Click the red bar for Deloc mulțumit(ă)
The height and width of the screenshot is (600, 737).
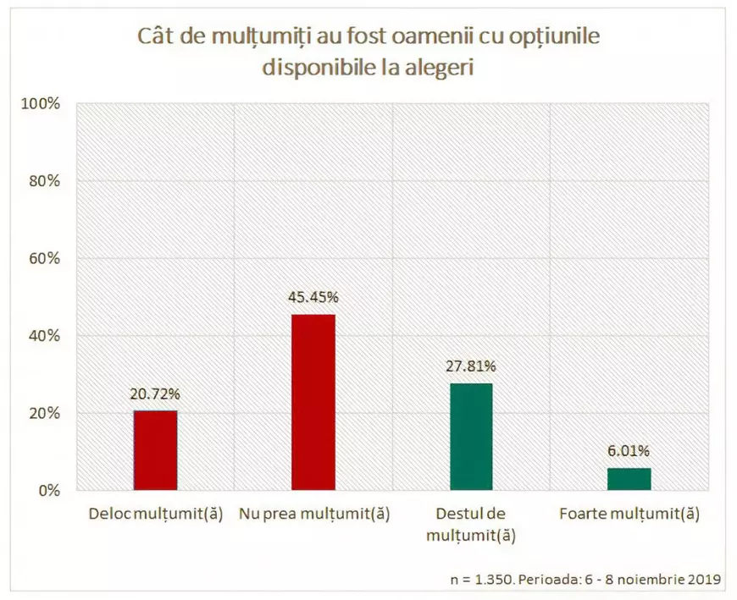(x=155, y=450)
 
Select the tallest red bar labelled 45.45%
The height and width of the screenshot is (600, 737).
(x=313, y=402)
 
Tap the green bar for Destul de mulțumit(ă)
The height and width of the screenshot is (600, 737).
(x=471, y=437)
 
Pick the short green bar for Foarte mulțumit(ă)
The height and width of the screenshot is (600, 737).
(x=629, y=479)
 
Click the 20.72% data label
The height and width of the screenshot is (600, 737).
(x=155, y=394)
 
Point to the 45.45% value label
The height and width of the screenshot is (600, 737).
(x=313, y=297)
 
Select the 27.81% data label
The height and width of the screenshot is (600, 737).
(x=471, y=366)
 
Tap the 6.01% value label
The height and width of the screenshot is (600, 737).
(x=629, y=451)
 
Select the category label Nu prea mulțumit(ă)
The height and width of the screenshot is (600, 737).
(x=314, y=514)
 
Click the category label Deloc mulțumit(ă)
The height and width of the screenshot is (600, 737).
(x=156, y=514)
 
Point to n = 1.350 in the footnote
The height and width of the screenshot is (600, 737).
(x=479, y=580)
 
